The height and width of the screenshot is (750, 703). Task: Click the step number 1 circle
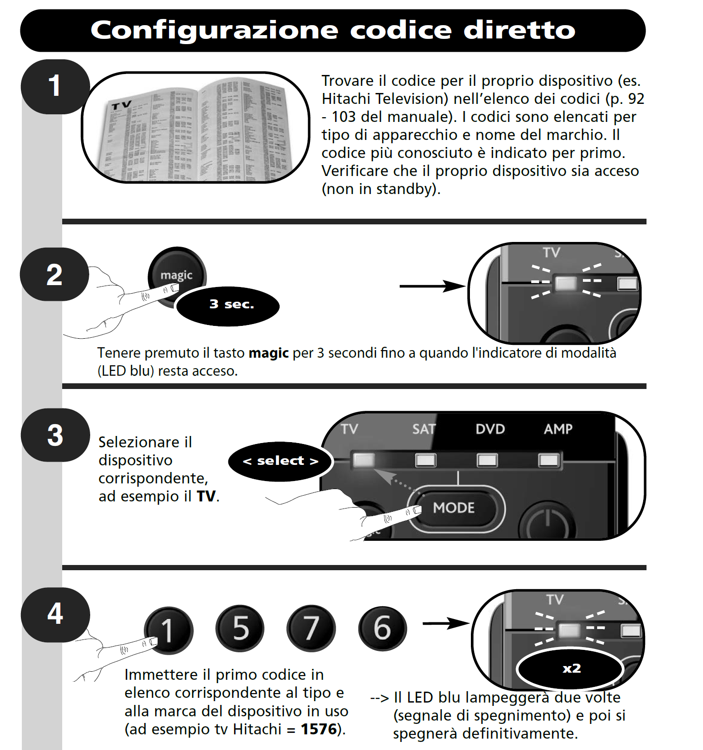(x=55, y=86)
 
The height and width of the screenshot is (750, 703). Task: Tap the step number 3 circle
(x=55, y=435)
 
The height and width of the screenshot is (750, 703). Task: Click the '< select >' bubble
(x=280, y=461)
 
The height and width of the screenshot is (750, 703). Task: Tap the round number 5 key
(x=241, y=629)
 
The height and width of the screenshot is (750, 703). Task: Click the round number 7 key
(x=311, y=629)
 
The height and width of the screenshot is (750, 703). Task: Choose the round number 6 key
(x=382, y=629)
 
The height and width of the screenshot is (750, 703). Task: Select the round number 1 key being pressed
(x=169, y=630)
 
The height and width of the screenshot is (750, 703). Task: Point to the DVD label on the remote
(x=490, y=429)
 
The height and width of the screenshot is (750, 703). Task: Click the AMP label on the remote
(x=558, y=429)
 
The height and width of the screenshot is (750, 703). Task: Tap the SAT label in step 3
(x=423, y=429)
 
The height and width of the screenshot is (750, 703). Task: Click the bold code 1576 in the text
(x=319, y=729)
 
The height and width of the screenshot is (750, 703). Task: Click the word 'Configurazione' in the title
(x=214, y=30)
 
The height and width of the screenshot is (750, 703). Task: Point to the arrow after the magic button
(x=432, y=286)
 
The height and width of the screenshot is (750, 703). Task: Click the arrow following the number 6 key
(x=445, y=623)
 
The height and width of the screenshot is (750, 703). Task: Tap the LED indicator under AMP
(x=549, y=460)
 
